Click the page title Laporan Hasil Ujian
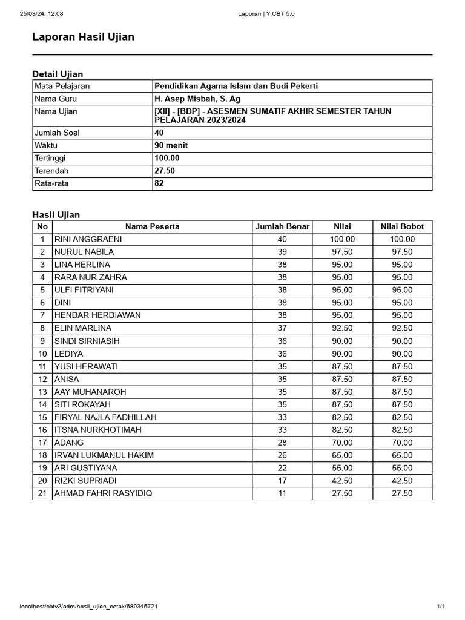[83, 38]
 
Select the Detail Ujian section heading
[58, 74]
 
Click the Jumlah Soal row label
[57, 133]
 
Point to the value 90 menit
[171, 145]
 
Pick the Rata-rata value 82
[159, 183]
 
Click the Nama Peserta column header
[152, 226]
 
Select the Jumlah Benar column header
[282, 226]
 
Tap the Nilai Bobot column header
[402, 226]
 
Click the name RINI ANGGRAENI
[88, 239]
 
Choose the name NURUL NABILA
[84, 252]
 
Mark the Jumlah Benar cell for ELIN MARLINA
[282, 328]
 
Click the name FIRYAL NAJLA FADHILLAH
[105, 417]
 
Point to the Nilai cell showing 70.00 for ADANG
[342, 443]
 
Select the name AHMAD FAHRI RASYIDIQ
[104, 493]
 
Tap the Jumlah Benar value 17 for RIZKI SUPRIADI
[282, 481]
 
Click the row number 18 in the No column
[42, 455]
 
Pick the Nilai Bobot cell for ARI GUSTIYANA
[402, 468]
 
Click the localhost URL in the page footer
[90, 606]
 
